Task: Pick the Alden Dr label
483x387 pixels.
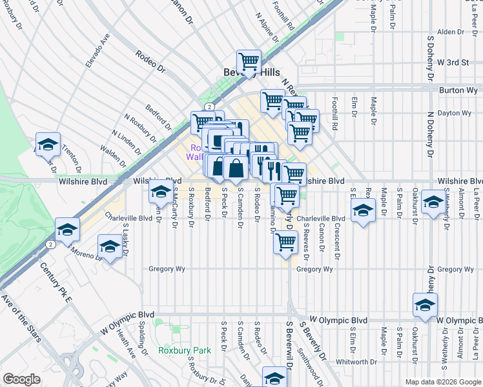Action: pyautogui.click(x=446, y=32)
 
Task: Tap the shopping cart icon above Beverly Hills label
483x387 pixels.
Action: pyautogui.click(x=249, y=62)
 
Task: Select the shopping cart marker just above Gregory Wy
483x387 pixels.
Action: pyautogui.click(x=285, y=243)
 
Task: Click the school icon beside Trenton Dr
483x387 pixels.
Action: pyautogui.click(x=48, y=144)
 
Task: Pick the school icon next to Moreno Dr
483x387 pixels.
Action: pyautogui.click(x=110, y=246)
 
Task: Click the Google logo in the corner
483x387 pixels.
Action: pyautogui.click(x=21, y=379)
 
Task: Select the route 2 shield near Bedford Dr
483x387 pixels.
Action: pyautogui.click(x=209, y=106)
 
